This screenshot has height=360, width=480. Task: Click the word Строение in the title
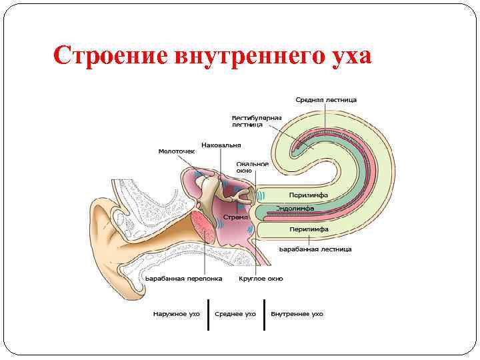[x=110, y=55]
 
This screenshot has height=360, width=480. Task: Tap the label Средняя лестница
[x=326, y=100]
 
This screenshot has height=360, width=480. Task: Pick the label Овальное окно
[x=253, y=167]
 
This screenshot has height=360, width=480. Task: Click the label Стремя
[x=236, y=217]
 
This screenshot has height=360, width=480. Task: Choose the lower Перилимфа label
[x=309, y=229]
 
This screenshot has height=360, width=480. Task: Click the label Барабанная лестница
[x=315, y=249]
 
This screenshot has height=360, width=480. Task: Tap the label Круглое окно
[x=261, y=278]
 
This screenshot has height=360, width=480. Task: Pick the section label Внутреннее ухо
[x=297, y=313]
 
